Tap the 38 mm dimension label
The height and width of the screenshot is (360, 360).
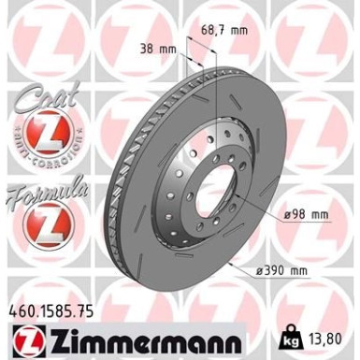click(158, 47)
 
